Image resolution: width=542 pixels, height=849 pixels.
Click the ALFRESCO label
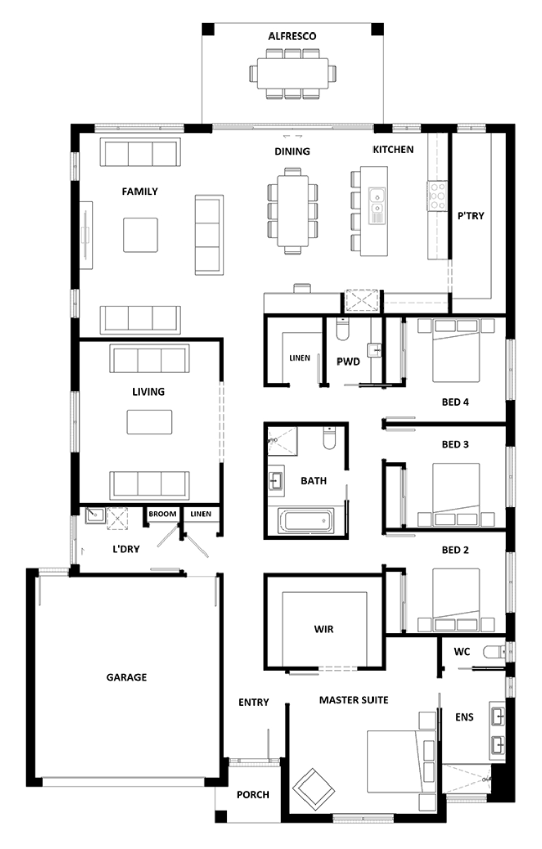(x=292, y=36)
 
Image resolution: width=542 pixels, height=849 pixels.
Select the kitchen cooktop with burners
(x=437, y=195)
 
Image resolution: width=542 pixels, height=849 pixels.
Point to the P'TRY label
(x=471, y=216)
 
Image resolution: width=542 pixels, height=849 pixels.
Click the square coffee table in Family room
(x=141, y=235)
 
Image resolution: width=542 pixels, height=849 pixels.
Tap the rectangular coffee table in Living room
(x=149, y=422)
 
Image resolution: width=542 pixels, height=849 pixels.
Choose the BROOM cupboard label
(x=162, y=514)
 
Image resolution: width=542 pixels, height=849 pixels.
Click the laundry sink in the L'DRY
(x=95, y=515)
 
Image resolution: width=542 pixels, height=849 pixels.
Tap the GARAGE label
(x=126, y=677)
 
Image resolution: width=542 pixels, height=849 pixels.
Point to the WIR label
(x=323, y=629)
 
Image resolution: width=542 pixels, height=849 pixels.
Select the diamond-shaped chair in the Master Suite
(x=314, y=790)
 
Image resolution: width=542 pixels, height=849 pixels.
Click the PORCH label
(x=253, y=795)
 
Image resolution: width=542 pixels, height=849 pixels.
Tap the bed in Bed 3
(x=456, y=494)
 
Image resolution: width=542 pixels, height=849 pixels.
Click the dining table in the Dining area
(x=292, y=210)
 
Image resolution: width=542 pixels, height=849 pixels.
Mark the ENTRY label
(x=253, y=702)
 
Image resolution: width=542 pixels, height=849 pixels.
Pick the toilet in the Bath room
(x=329, y=438)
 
